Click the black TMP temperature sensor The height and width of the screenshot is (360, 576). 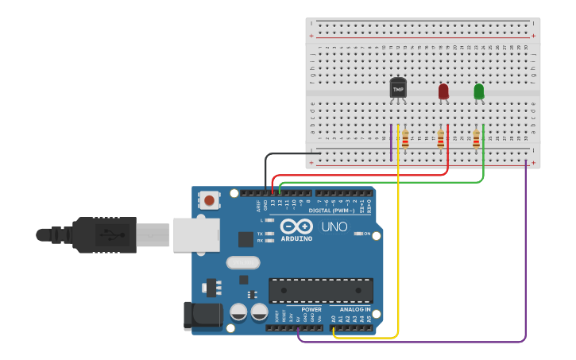398,88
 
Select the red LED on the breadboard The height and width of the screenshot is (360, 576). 443,91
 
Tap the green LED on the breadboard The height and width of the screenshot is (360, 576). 478,91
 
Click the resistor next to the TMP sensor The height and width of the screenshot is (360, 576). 405,140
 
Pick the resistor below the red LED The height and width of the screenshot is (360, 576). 441,140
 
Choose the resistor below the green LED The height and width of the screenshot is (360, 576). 476,140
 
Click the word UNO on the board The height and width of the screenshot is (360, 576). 334,227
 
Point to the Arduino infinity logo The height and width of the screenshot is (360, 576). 296,226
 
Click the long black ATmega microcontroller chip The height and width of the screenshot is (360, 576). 320,290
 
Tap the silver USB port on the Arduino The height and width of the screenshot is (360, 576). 195,235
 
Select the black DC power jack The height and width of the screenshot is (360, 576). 202,315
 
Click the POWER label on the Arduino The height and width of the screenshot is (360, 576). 311,309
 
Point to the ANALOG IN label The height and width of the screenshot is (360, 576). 355,309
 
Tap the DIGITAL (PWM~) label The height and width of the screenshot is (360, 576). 331,211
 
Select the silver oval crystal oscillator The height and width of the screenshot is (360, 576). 242,262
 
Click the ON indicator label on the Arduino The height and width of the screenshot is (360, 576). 366,234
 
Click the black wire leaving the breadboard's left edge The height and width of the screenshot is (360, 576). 286,153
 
